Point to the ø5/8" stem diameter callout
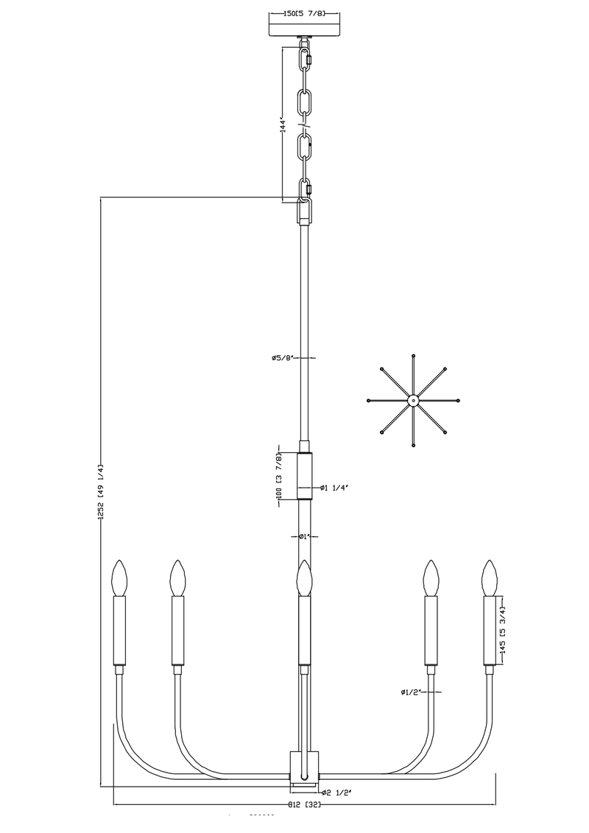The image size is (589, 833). click(x=282, y=358)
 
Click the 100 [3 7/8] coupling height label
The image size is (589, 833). click(x=280, y=477)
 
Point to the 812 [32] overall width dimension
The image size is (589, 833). click(x=305, y=804)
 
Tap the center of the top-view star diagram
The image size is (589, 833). click(x=413, y=401)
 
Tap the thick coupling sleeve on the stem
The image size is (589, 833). click(x=305, y=476)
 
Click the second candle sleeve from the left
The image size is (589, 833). click(x=177, y=630)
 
